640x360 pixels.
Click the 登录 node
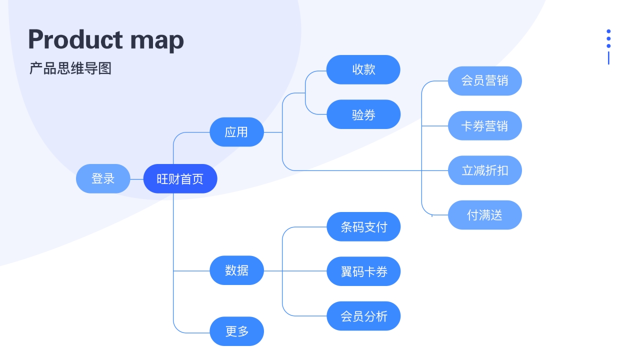pyautogui.click(x=103, y=178)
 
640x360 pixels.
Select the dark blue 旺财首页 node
pyautogui.click(x=180, y=178)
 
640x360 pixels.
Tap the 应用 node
pyautogui.click(x=236, y=132)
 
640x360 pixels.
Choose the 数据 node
pyautogui.click(x=236, y=270)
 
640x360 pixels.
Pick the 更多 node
pyautogui.click(x=236, y=331)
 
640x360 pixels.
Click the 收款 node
pyautogui.click(x=363, y=69)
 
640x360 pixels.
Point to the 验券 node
pyautogui.click(x=363, y=114)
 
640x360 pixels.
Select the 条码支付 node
pyautogui.click(x=363, y=226)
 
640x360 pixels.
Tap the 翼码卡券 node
pyautogui.click(x=363, y=271)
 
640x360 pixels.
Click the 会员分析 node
pyautogui.click(x=363, y=316)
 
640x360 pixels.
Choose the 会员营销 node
pyautogui.click(x=485, y=81)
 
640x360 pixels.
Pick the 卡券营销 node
pyautogui.click(x=485, y=125)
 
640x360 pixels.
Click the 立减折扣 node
pyautogui.click(x=485, y=170)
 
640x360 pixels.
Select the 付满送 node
pyautogui.click(x=485, y=215)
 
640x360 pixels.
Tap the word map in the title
pyautogui.click(x=157, y=41)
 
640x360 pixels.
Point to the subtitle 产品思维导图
pyautogui.click(x=70, y=68)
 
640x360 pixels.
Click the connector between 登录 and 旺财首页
pyautogui.click(x=137, y=179)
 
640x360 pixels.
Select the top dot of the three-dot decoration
pyautogui.click(x=608, y=31)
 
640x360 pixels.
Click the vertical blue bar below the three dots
pyautogui.click(x=608, y=58)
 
